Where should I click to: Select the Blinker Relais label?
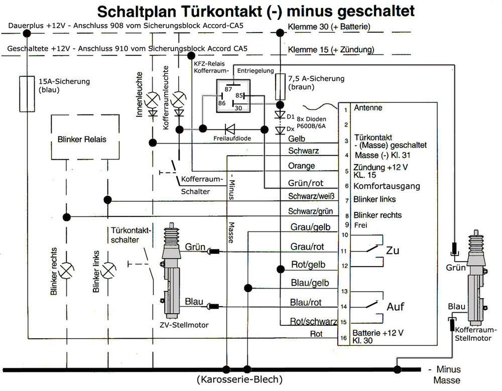tap(82, 139)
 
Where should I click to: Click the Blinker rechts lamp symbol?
tap(66, 271)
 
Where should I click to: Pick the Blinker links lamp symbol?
tap(107, 271)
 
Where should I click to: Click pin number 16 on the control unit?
tap(343, 338)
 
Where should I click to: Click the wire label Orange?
tap(302, 166)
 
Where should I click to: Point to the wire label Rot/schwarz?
tap(313, 321)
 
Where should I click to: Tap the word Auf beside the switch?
tap(395, 306)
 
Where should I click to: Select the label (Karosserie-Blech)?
tap(240, 378)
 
